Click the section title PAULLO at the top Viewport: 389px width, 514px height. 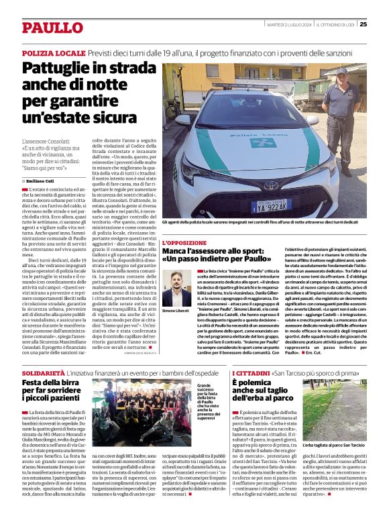pyautogui.click(x=52, y=28)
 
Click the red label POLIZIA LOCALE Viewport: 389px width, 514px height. pyautogui.click(x=52, y=52)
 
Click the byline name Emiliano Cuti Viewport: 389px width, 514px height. pyautogui.click(x=41, y=181)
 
